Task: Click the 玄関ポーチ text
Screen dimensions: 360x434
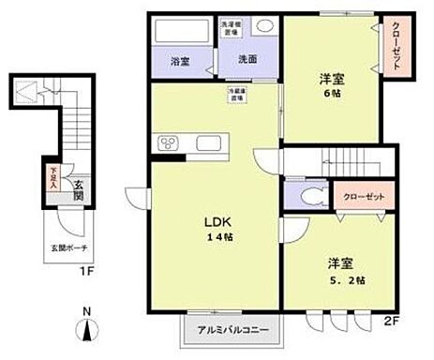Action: click(x=70, y=249)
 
